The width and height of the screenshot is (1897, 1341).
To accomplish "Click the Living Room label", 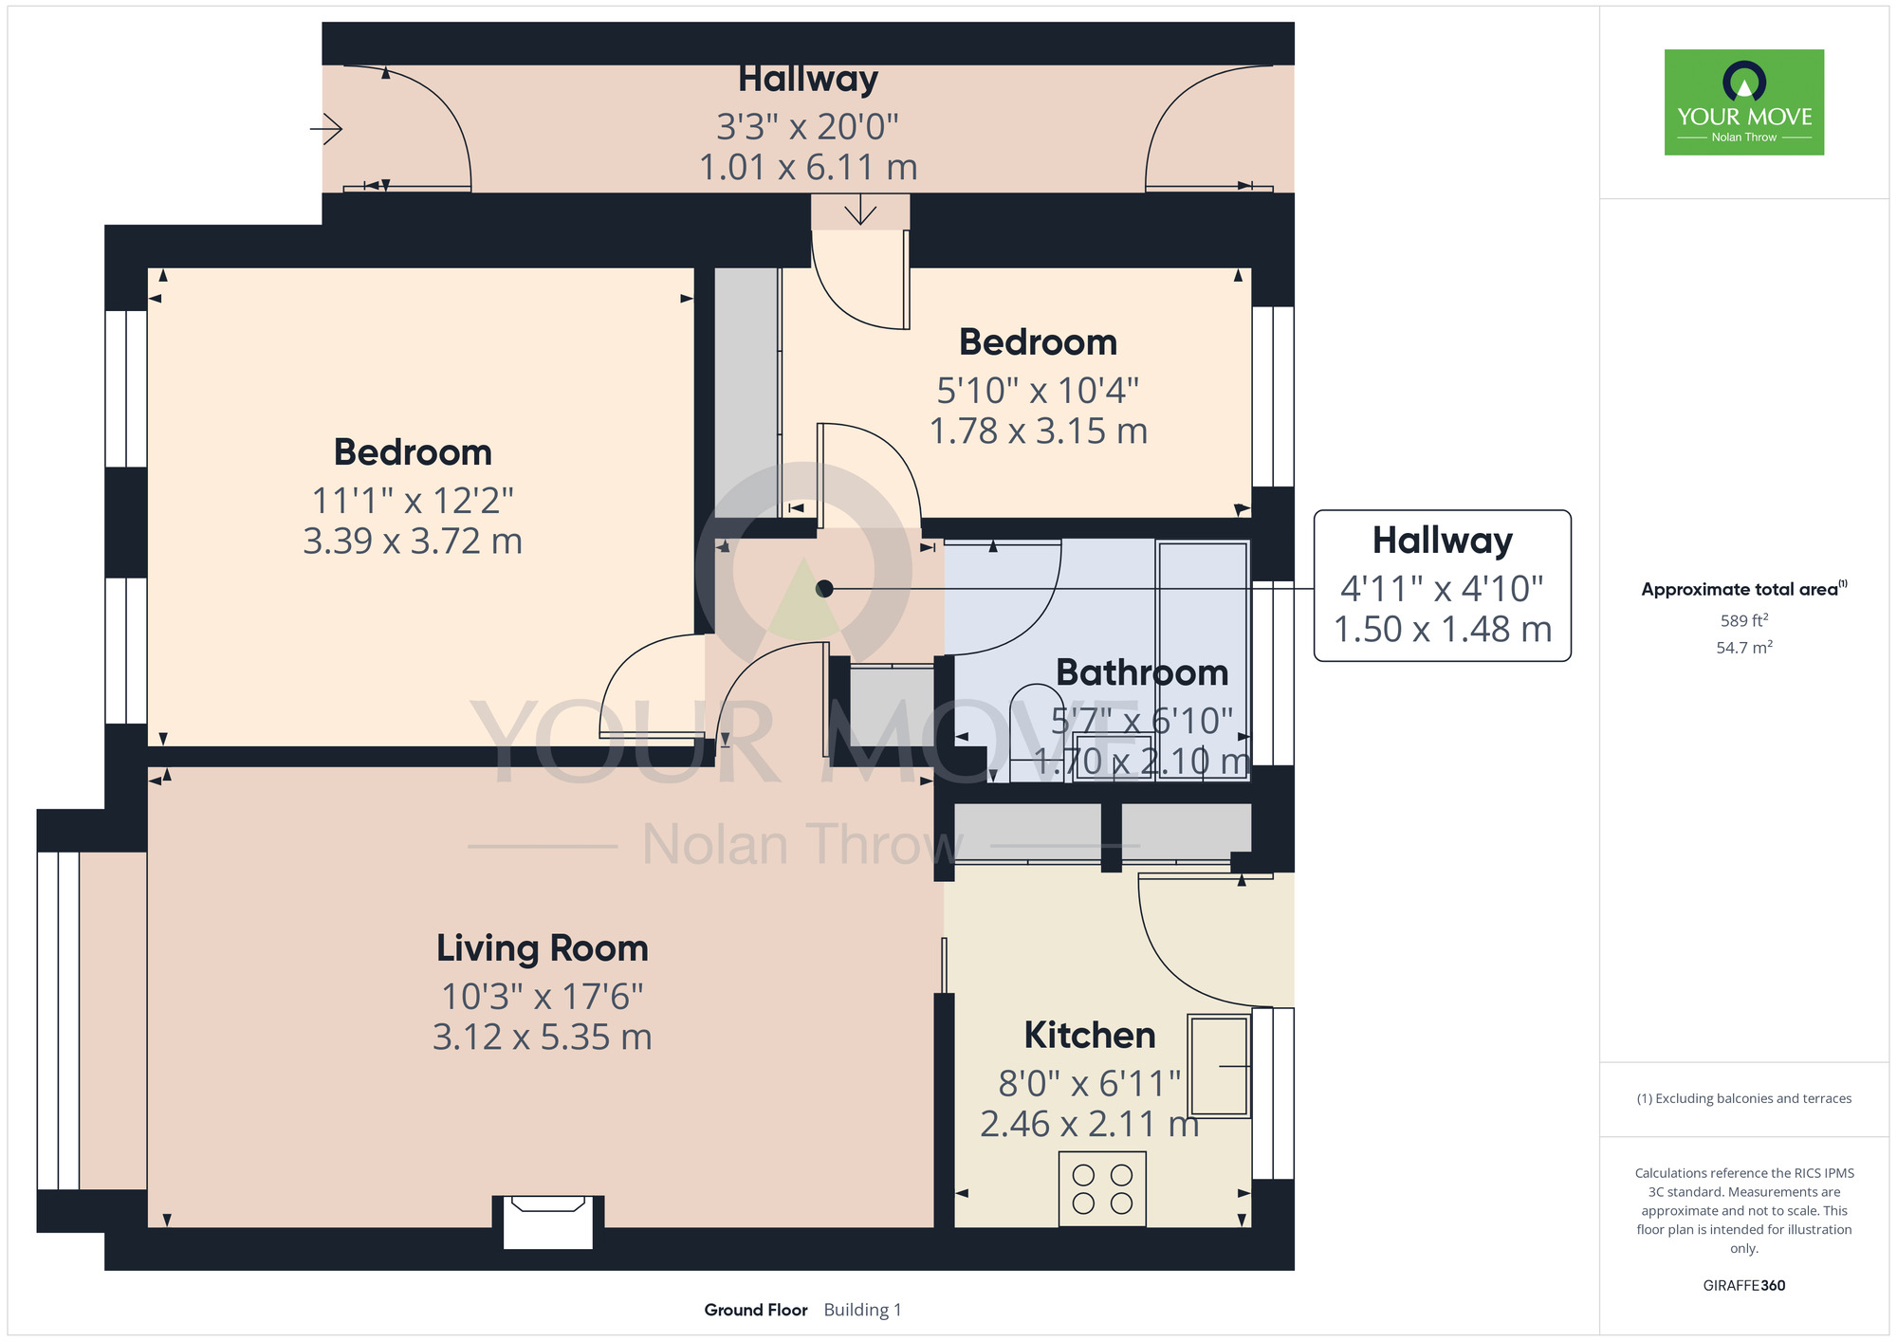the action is click(543, 948).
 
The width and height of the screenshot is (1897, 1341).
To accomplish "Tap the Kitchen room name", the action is click(1090, 1035).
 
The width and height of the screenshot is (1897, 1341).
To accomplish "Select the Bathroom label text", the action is click(1142, 672).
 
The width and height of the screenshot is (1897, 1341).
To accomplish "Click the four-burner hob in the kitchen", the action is click(1102, 1189).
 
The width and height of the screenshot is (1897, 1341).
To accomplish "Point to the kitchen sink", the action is click(1219, 1066).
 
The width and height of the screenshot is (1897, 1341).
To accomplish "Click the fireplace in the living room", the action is click(548, 1222).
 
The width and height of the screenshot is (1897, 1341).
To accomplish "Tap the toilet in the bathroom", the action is click(1036, 733).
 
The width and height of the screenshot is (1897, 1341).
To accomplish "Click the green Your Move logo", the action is click(1744, 102).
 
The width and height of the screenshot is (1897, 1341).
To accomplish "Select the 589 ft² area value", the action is click(1744, 621).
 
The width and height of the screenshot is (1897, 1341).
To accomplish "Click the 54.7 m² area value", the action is click(1744, 648).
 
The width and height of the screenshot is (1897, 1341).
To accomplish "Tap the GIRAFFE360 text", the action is click(1744, 1286).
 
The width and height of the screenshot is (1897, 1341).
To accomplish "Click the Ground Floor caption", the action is click(756, 1310).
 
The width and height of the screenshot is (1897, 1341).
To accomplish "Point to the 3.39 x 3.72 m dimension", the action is click(413, 542).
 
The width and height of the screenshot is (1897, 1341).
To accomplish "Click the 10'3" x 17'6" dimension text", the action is click(543, 997).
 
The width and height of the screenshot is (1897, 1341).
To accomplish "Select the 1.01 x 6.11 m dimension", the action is click(808, 168).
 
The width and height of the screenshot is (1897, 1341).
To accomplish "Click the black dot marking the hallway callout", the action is click(824, 589).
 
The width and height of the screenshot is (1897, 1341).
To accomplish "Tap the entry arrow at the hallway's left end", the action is click(326, 128).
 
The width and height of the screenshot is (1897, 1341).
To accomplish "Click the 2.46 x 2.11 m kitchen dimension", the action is click(1090, 1125).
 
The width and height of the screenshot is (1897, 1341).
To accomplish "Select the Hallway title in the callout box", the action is click(1443, 541).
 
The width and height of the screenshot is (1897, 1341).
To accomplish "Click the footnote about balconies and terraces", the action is click(1744, 1098).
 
